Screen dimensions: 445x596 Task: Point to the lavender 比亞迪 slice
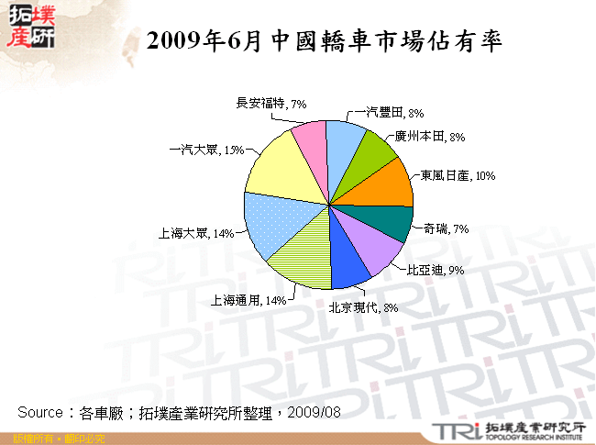tap(381, 243)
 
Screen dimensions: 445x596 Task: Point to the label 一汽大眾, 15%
tap(206, 150)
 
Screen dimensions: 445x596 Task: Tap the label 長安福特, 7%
tap(270, 104)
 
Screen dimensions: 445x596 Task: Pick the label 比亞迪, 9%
tap(436, 270)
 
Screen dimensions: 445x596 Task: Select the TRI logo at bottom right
tap(454, 430)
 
